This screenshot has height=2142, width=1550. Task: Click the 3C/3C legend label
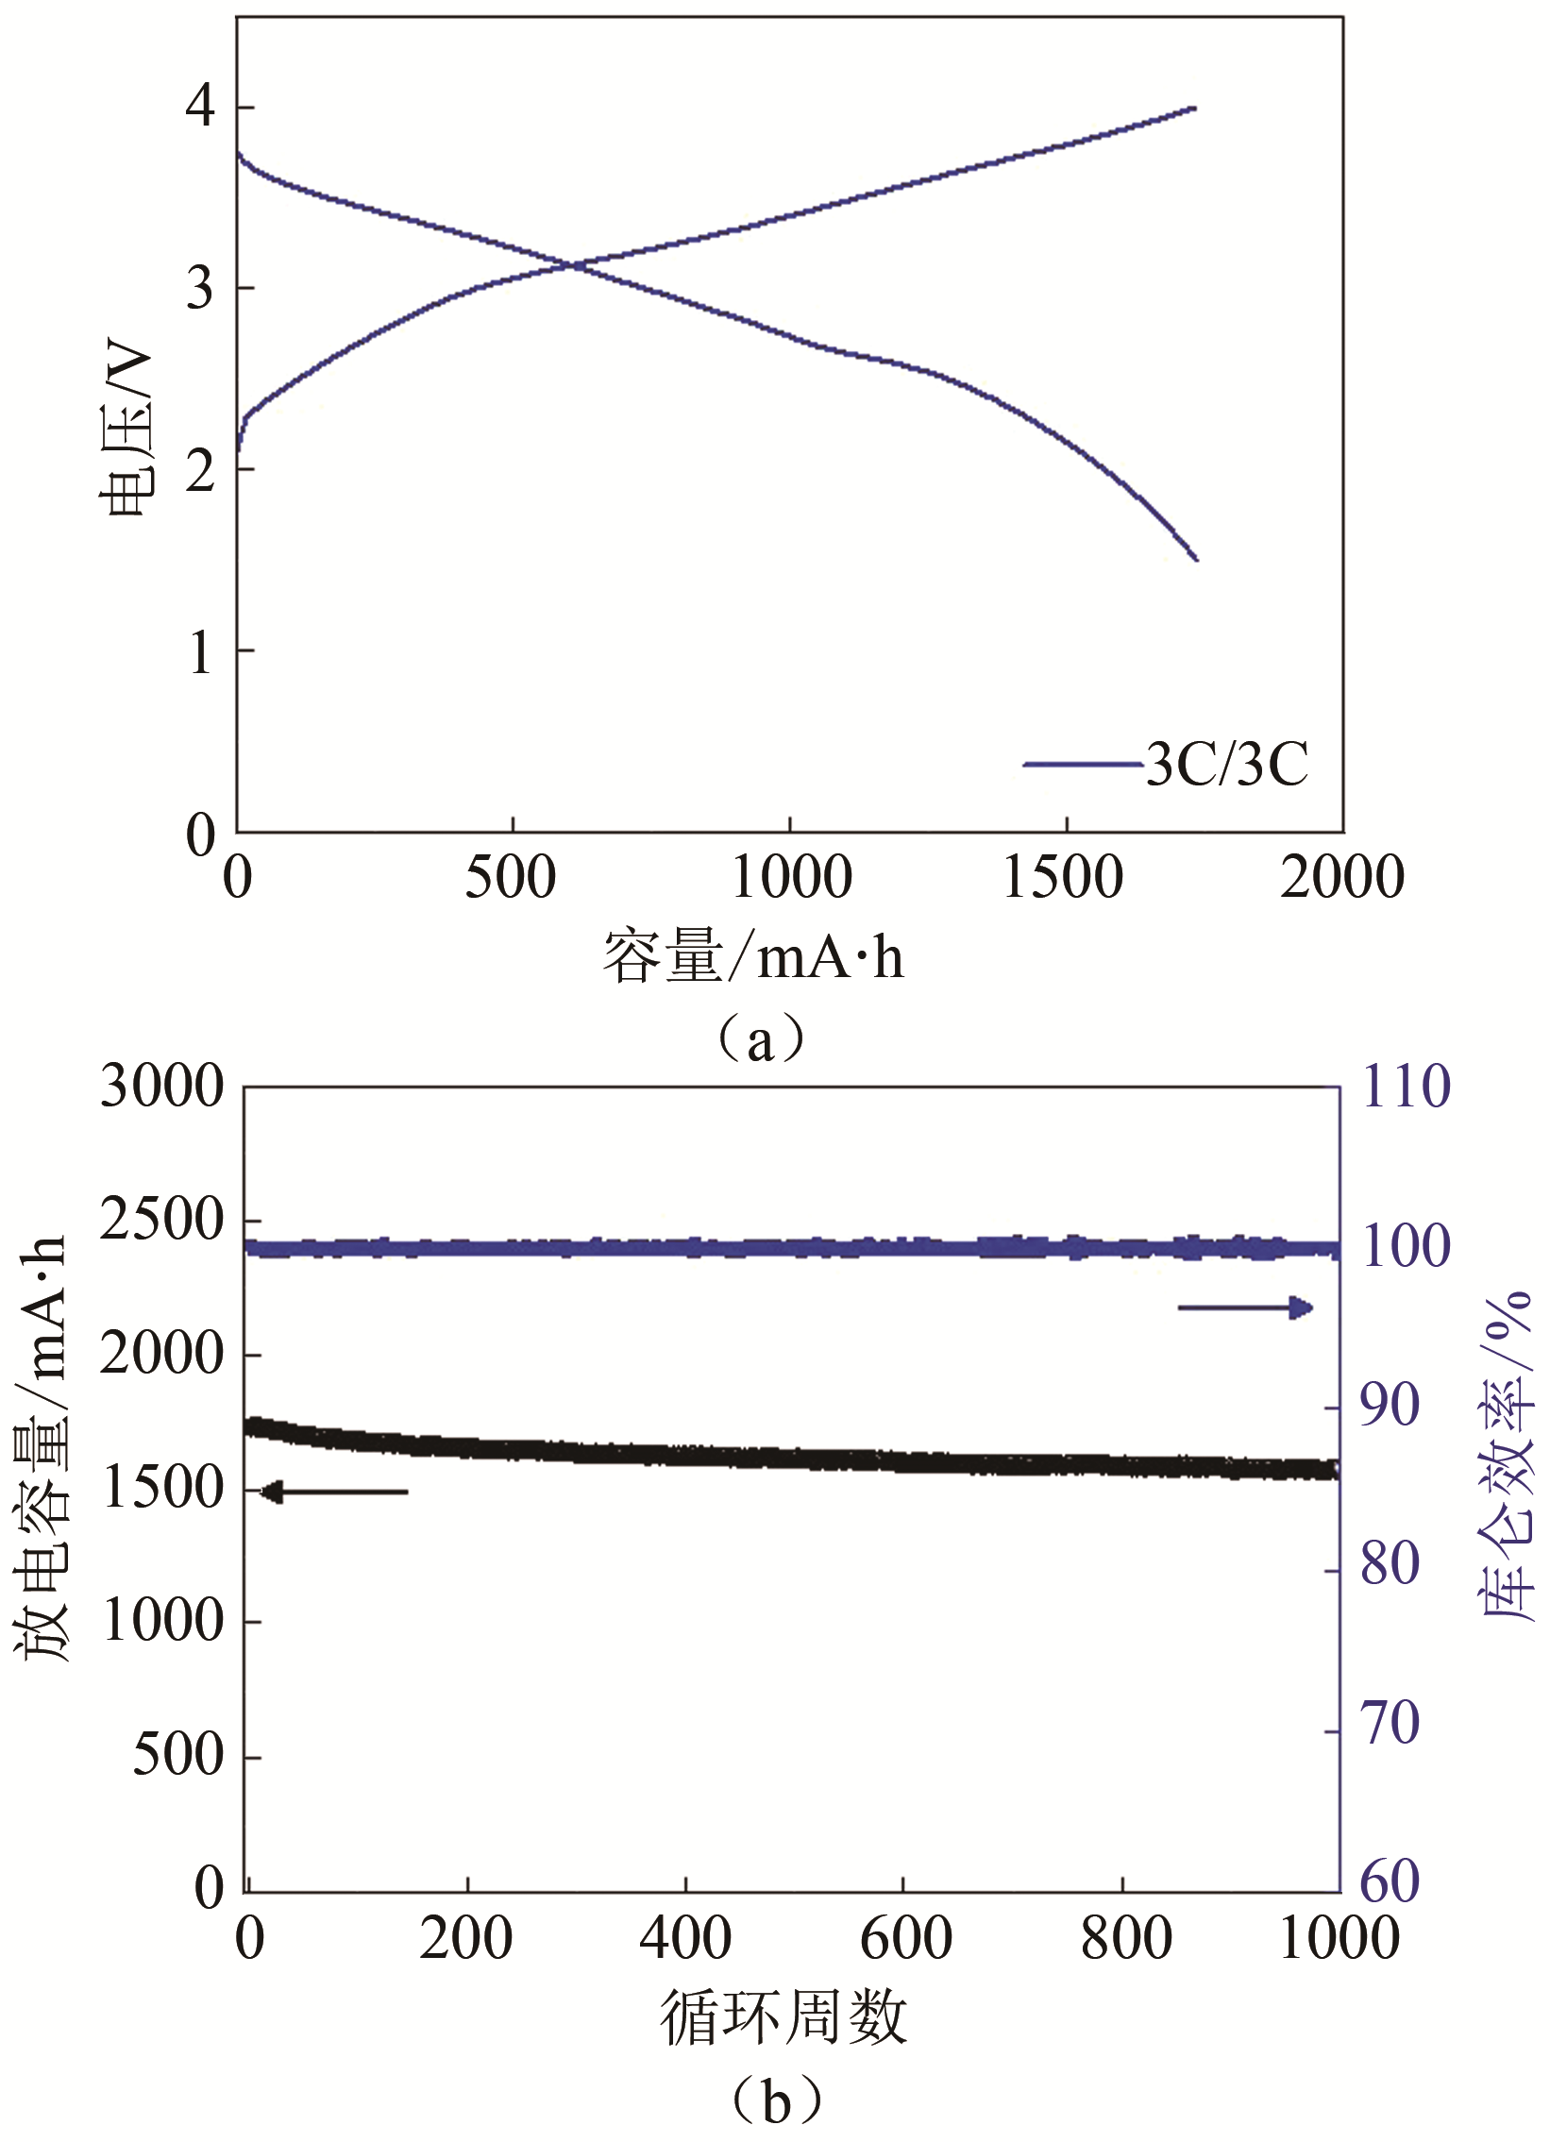1226,763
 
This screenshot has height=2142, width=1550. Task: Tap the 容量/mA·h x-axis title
753,955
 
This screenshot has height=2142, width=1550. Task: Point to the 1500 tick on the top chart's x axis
1063,877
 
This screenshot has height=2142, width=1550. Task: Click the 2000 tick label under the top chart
1341,877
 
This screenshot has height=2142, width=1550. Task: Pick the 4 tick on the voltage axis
200,106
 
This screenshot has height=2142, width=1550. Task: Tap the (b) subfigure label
776,2099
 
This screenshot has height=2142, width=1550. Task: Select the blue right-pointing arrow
1245,1308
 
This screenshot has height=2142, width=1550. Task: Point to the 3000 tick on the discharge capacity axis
162,1087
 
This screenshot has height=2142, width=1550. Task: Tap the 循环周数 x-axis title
783,2016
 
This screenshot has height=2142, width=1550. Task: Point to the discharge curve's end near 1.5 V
1196,559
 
